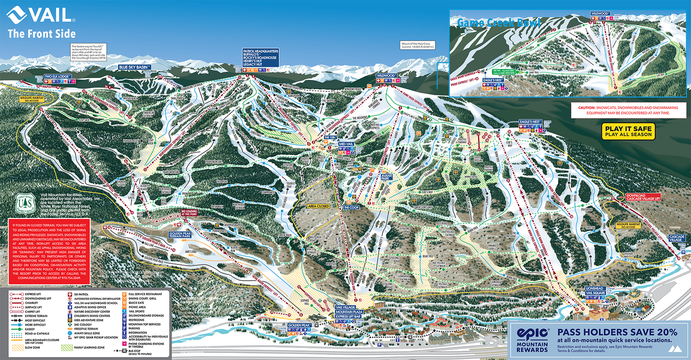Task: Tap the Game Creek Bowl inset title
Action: [498, 23]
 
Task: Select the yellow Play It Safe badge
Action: [628, 131]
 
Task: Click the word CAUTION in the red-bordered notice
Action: [586, 108]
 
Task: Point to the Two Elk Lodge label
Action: [58, 76]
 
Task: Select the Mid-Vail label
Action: [346, 144]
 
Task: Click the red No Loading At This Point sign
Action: [188, 212]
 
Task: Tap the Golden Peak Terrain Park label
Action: [180, 235]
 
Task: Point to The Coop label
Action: [351, 207]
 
